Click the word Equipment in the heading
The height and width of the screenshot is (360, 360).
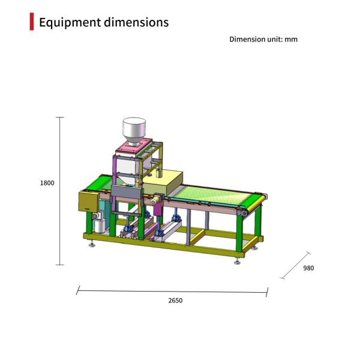pos(70,23)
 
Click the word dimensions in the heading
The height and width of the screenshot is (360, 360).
pos(136,22)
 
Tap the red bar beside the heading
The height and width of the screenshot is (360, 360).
pos(32,22)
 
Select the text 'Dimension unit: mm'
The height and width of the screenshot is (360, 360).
pos(263,39)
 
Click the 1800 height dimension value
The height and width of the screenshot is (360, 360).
pos(47,183)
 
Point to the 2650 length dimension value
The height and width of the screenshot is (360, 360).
pos(175,301)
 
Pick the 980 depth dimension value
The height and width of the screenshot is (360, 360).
pos(308,268)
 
